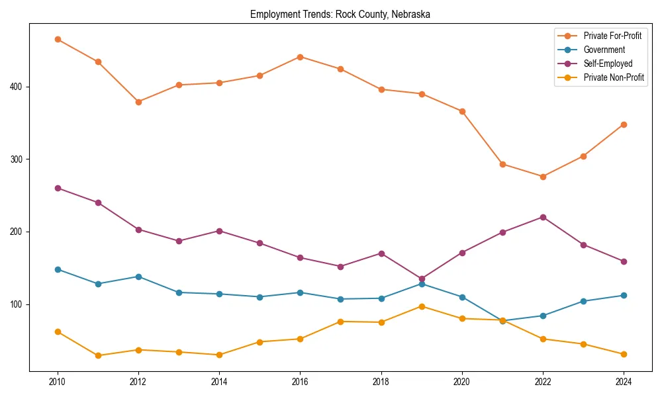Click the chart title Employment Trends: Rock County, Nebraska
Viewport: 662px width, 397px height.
coord(340,15)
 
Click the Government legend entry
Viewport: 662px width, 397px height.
coord(604,50)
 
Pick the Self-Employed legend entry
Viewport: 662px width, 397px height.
coord(608,64)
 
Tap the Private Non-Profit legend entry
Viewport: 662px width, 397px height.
coord(614,77)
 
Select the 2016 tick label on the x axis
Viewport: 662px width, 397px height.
coord(300,381)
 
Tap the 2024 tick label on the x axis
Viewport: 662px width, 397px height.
coord(623,381)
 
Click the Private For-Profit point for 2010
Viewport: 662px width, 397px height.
coord(58,39)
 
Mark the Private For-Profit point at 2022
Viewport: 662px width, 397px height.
coord(543,177)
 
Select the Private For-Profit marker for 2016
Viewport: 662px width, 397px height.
coord(300,57)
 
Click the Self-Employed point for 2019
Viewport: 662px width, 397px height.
coord(422,279)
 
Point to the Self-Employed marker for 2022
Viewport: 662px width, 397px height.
coord(543,217)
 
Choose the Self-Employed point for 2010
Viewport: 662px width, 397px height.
coord(58,188)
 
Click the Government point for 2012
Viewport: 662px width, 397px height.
coord(138,277)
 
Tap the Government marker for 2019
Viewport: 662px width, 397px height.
coord(422,284)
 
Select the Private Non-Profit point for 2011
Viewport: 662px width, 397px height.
coord(98,355)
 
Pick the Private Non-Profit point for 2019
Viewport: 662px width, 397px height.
coord(422,306)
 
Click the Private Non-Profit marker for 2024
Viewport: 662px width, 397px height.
coord(624,354)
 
